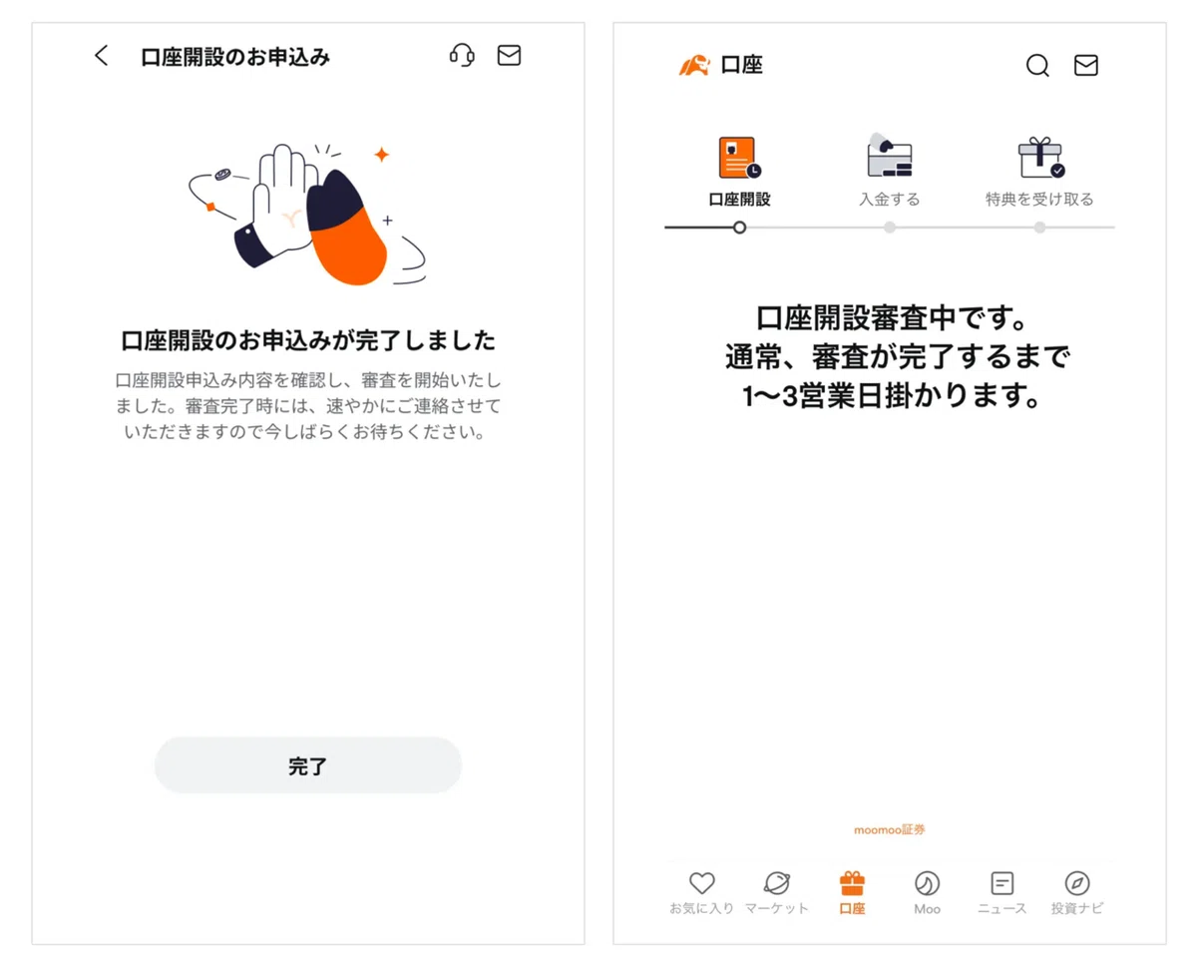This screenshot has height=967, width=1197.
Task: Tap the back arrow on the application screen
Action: [x=101, y=56]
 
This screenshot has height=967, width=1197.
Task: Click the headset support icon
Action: [x=462, y=56]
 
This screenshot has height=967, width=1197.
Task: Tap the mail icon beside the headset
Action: [x=509, y=56]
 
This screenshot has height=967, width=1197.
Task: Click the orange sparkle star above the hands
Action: [x=382, y=154]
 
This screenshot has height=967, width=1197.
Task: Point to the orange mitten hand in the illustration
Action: [x=347, y=230]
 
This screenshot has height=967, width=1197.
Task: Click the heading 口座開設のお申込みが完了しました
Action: [x=308, y=340]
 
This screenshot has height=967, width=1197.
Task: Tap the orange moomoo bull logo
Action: [x=694, y=65]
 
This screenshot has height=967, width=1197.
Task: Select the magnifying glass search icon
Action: [x=1036, y=65]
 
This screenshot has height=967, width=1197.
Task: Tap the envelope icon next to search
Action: [x=1085, y=65]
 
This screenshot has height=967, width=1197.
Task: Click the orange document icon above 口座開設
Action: [x=739, y=158]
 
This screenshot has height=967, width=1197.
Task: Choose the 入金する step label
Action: [x=889, y=199]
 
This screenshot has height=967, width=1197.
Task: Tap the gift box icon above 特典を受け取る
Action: [x=1040, y=158]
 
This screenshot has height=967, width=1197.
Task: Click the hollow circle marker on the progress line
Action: [x=739, y=228]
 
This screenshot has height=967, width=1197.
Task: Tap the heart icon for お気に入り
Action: [x=701, y=882]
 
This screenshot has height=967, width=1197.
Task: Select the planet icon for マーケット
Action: [x=777, y=882]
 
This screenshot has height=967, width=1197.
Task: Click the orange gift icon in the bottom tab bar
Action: [x=852, y=882]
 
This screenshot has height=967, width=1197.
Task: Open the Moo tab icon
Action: [x=927, y=883]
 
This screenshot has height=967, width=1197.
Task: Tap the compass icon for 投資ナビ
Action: [x=1076, y=883]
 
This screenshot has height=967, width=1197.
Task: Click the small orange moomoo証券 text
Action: [x=889, y=830]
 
